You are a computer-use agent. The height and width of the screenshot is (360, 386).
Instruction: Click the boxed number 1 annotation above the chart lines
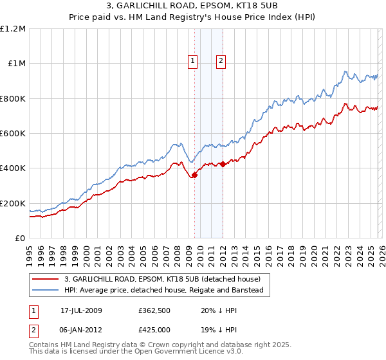coord(192,61)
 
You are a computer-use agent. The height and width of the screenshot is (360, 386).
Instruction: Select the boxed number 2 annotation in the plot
coord(221,61)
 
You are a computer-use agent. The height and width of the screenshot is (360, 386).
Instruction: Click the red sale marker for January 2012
coord(223,164)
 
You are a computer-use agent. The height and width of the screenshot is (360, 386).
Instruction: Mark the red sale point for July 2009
coord(194,175)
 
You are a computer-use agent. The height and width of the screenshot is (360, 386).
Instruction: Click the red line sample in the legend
coord(46,280)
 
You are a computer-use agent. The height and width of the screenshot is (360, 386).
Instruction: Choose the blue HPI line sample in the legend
coord(46,291)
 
